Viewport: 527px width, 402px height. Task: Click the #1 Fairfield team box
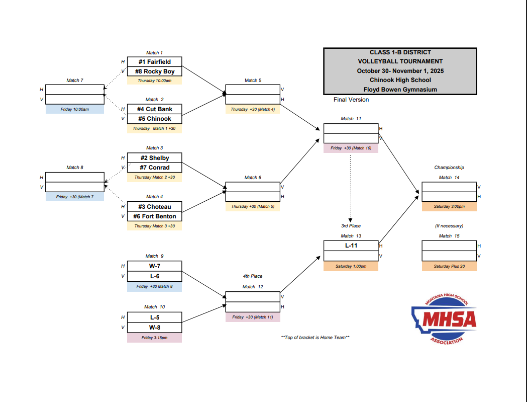tap(154, 62)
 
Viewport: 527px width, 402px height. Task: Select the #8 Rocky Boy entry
tap(154, 71)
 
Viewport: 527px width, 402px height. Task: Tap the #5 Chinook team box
tap(154, 119)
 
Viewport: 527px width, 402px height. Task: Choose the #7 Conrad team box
tap(154, 168)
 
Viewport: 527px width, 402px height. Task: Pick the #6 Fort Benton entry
tap(154, 216)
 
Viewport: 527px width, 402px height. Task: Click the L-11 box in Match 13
tap(351, 246)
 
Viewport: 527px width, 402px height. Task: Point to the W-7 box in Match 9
tap(154, 266)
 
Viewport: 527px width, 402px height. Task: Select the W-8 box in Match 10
tap(154, 327)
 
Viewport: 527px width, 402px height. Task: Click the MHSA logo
tap(444, 319)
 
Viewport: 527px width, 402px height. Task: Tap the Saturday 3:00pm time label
tap(449, 206)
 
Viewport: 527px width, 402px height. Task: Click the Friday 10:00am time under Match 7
tap(75, 109)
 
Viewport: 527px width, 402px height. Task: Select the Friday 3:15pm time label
tap(154, 338)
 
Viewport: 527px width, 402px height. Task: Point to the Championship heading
tap(449, 168)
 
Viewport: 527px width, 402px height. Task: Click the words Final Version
tap(351, 100)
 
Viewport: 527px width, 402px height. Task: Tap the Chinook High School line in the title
tap(400, 80)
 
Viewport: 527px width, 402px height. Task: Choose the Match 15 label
tap(449, 236)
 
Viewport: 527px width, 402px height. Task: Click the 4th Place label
tap(253, 276)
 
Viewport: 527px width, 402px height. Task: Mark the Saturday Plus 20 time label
tap(449, 266)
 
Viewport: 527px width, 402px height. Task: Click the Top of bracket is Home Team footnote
tap(315, 337)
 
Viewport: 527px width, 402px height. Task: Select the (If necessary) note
tap(449, 226)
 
